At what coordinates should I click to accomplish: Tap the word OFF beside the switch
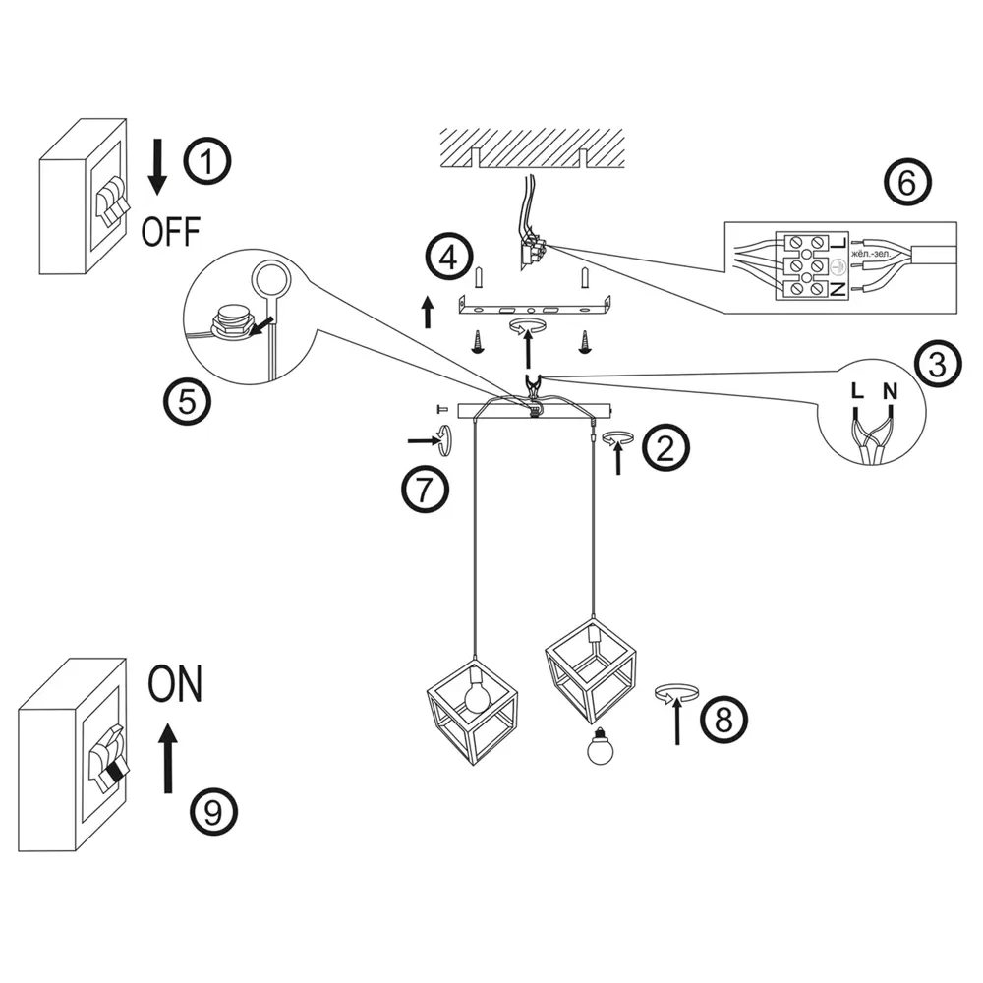[170, 232]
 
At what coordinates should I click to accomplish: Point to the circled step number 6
[905, 182]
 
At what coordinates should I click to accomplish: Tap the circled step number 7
[425, 489]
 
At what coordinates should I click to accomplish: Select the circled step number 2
[666, 447]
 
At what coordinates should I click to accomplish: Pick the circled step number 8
[723, 719]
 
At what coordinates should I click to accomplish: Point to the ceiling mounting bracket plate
[536, 308]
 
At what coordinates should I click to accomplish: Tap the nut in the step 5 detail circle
[231, 322]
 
